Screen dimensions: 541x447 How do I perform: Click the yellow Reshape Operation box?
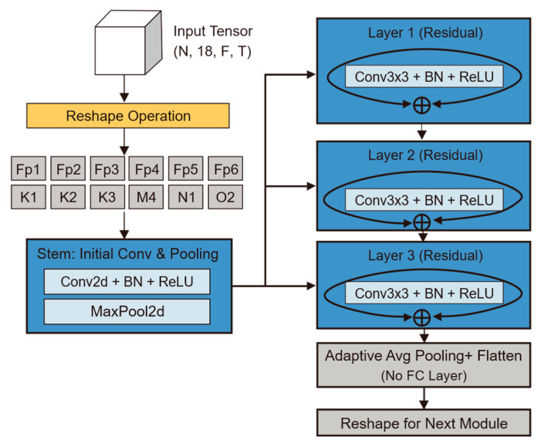128,116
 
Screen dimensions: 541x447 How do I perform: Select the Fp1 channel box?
29,168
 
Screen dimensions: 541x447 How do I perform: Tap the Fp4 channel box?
147,168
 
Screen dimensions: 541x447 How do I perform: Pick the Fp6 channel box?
225,168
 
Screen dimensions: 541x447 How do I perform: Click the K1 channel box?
29,197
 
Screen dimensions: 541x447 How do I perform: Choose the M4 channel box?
147,197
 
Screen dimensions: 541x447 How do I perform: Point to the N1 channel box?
186,197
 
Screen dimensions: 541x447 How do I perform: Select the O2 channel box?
225,197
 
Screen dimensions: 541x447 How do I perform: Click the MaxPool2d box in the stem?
127,311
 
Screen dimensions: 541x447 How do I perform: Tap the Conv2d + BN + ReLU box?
127,282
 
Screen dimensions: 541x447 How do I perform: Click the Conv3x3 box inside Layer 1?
424,76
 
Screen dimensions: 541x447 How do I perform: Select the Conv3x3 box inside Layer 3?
424,293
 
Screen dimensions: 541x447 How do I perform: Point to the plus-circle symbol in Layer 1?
421,105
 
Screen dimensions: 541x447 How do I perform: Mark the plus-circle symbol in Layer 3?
421,318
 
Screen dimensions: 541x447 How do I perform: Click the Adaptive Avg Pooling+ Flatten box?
424,365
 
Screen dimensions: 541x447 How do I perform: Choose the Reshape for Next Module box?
424,423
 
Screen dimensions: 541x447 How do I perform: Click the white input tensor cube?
128,42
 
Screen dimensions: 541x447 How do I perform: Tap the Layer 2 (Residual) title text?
425,155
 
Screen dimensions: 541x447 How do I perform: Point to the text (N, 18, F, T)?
212,52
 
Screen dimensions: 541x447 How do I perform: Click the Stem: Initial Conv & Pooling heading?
127,254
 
